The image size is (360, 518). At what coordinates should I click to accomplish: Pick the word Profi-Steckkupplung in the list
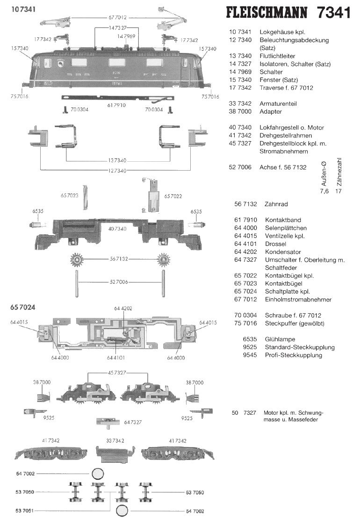(x=293, y=355)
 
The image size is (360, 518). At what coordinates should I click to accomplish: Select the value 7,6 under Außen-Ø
(x=324, y=191)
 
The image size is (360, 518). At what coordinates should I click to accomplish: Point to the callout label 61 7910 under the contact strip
(x=116, y=106)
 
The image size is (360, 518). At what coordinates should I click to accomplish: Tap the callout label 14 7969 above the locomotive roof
(x=127, y=36)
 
